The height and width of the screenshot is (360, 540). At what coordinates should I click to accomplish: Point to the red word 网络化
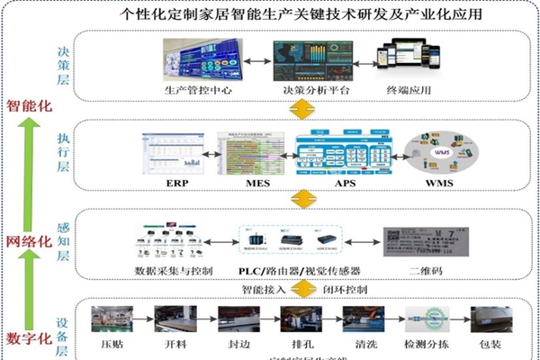coord(29,240)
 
